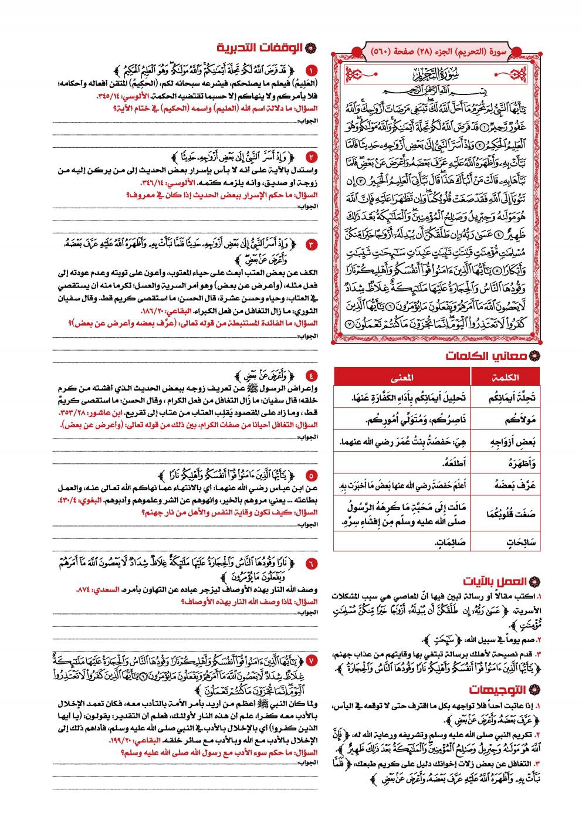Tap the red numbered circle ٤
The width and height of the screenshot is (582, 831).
[311, 376]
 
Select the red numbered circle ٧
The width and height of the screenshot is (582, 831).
[311, 660]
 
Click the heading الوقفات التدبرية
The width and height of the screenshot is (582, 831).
[259, 48]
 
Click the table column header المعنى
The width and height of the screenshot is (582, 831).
[402, 377]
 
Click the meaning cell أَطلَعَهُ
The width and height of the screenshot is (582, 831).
[455, 463]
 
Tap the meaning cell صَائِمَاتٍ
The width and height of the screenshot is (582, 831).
[451, 542]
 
